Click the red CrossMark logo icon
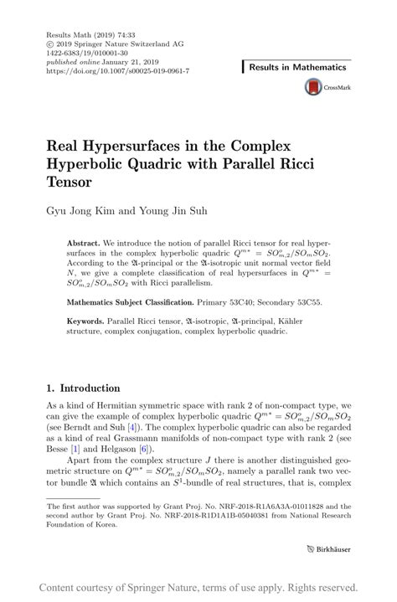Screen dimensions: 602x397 (313, 87)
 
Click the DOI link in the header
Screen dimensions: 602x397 (117, 71)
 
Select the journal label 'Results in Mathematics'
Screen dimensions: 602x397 (297, 67)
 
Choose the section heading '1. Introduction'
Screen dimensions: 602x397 (83, 388)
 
